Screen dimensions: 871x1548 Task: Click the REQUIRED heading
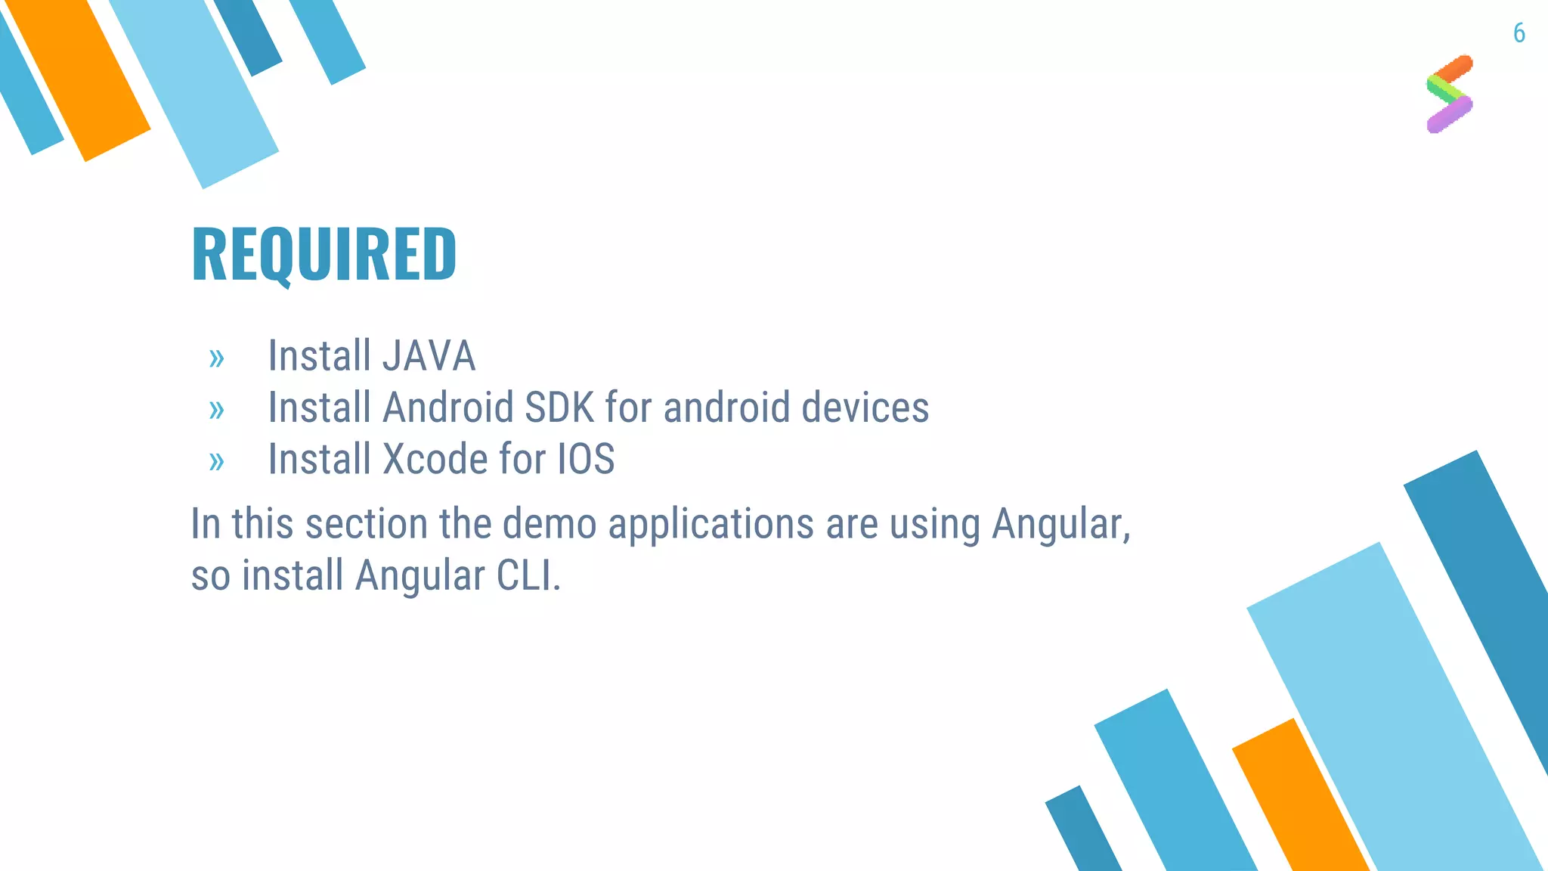(324, 254)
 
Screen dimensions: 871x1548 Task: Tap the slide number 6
(1519, 33)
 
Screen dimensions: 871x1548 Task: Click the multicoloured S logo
(1450, 94)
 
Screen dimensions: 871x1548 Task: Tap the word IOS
(586, 459)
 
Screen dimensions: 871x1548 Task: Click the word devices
(865, 408)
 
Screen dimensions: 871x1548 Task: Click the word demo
(550, 523)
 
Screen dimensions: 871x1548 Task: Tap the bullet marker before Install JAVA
(217, 358)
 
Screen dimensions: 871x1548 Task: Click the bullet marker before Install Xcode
(217, 461)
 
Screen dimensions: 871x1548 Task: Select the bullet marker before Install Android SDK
(217, 410)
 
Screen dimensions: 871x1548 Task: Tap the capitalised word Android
(448, 408)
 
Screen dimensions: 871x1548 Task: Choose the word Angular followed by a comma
(1060, 523)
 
